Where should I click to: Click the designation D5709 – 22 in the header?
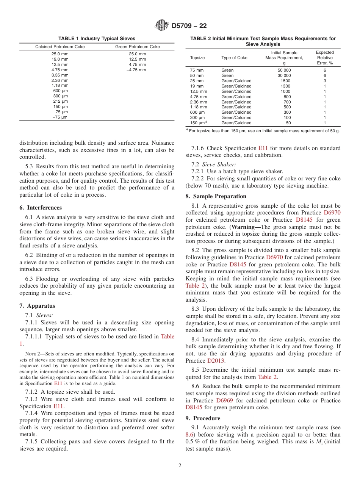pos(189,26)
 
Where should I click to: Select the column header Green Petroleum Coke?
pos(137,47)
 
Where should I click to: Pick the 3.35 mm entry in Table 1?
pos(60,75)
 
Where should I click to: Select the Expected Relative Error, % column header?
pos(325,58)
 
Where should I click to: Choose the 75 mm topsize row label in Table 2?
pos(197,70)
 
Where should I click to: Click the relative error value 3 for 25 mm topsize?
pos(325,81)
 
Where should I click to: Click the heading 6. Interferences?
pos(41,208)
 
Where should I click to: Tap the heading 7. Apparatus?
pos(37,306)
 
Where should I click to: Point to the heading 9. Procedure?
pos(203,418)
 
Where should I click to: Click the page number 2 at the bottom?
pos(180,465)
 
